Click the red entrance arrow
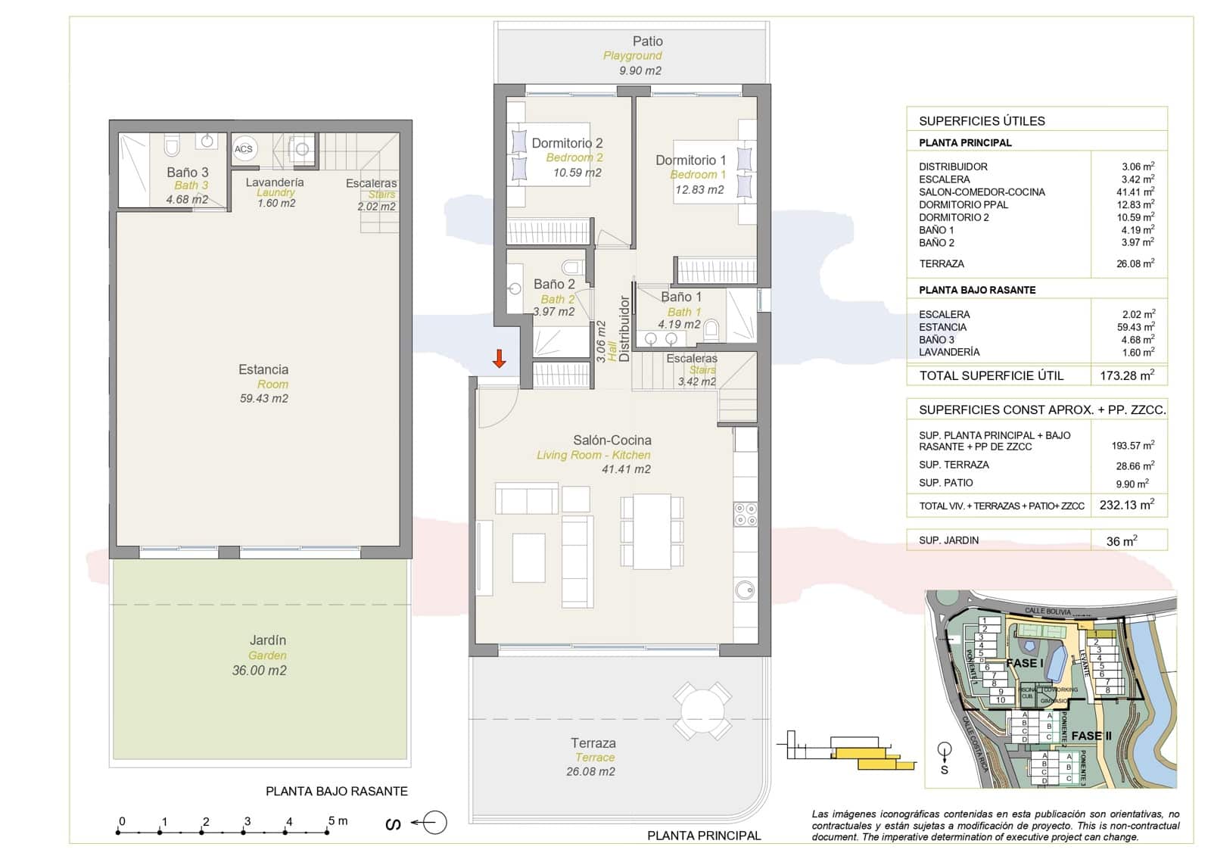[499, 359]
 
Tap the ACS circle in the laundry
[244, 149]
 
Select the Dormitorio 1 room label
[690, 160]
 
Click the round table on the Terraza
[703, 711]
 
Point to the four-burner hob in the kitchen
[746, 514]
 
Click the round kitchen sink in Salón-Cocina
[745, 590]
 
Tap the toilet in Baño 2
[573, 267]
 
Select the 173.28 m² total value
[1126, 375]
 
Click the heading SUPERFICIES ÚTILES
[982, 121]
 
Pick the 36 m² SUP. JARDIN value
[1122, 541]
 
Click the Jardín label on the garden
[268, 640]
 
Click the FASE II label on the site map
[1091, 736]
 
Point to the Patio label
[647, 42]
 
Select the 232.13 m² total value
[1126, 505]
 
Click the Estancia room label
[263, 369]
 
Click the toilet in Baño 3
[172, 145]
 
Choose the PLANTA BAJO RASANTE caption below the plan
[336, 791]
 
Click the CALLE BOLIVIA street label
[1048, 611]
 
